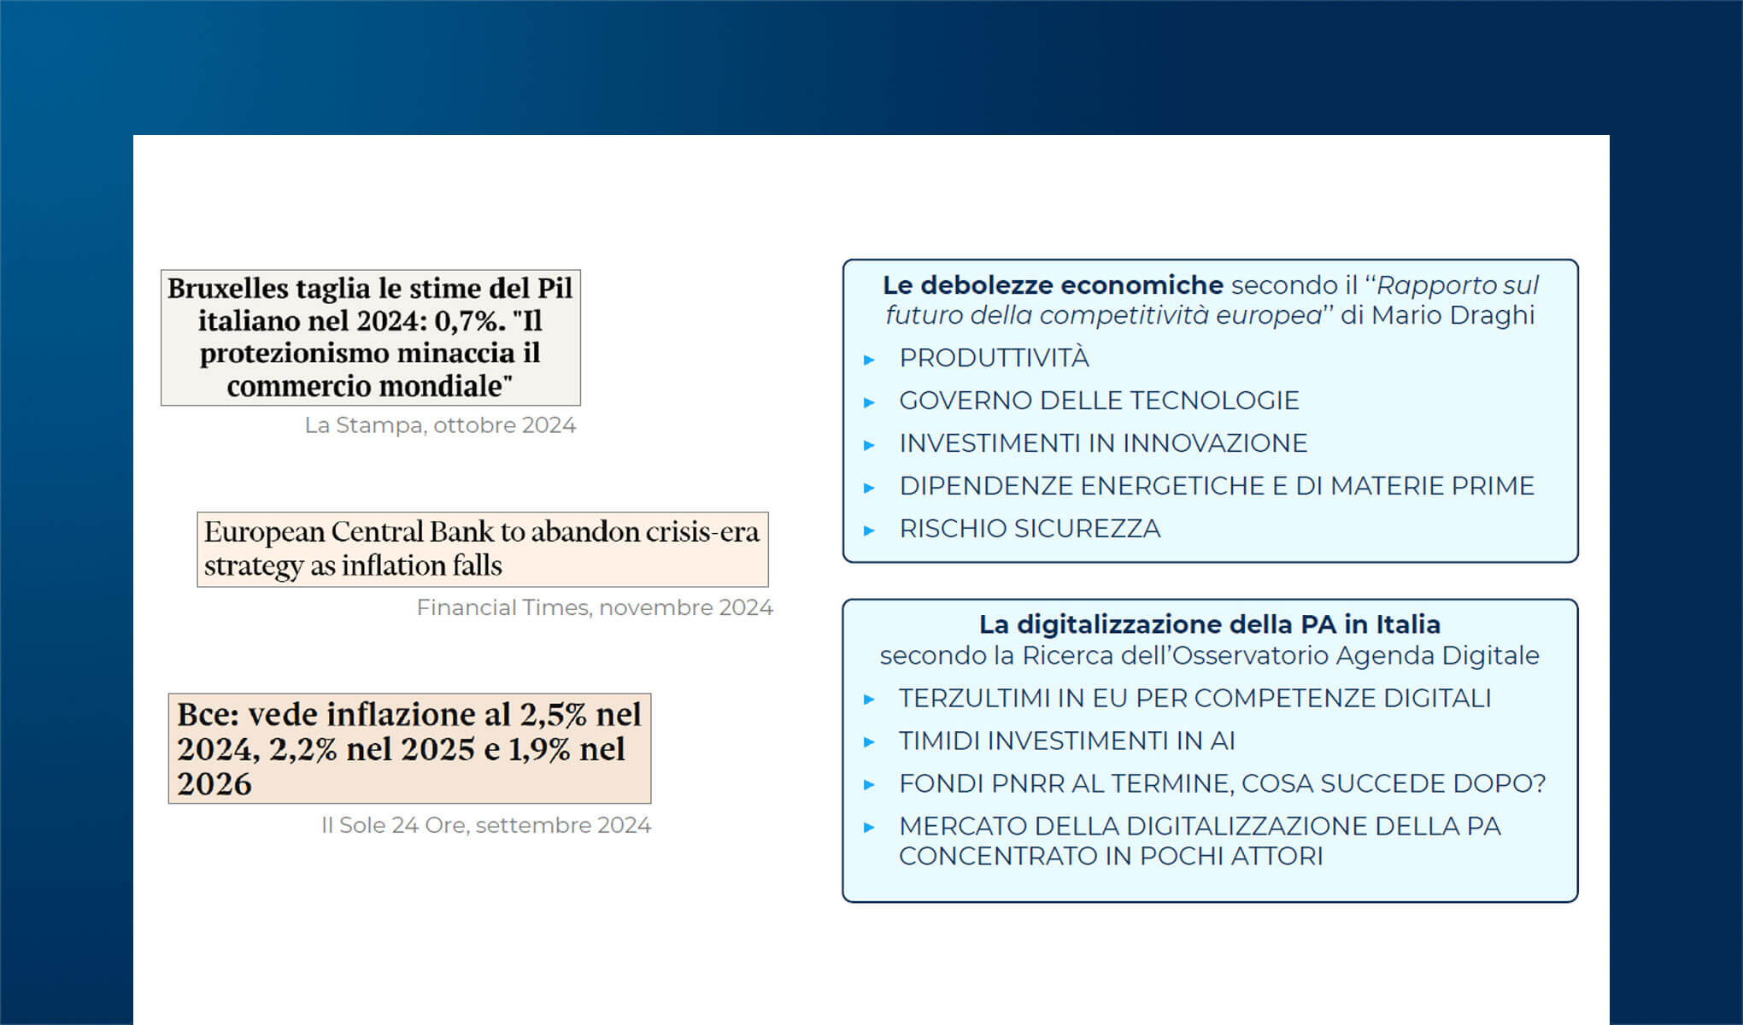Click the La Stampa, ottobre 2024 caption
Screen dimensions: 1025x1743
[440, 425]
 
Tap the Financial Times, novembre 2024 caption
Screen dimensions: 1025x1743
[595, 607]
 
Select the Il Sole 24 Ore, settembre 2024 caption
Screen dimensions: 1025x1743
[485, 825]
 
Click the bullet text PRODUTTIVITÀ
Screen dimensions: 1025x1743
[994, 359]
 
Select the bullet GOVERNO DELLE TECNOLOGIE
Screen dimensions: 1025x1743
[1099, 401]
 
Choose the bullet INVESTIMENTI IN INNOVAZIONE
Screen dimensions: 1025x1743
[1103, 443]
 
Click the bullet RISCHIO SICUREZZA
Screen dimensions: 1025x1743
[1030, 529]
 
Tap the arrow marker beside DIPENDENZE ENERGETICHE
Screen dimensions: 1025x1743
[869, 488]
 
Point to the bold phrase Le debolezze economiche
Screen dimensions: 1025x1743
[1053, 285]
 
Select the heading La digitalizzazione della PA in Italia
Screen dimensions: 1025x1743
[1209, 624]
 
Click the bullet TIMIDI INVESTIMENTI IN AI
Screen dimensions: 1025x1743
[1066, 741]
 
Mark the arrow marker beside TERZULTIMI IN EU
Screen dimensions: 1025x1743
[869, 700]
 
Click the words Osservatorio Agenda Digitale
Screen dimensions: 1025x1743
[1355, 655]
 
